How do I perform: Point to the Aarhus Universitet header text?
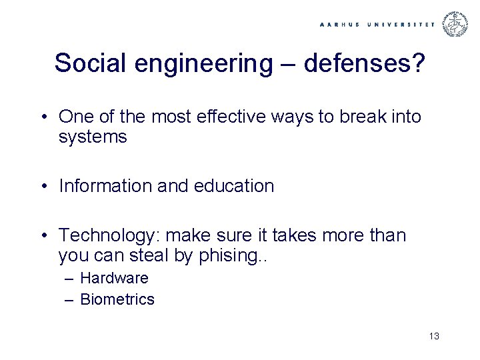click(x=377, y=24)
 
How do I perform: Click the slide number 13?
click(x=434, y=335)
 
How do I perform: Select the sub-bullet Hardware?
click(x=114, y=278)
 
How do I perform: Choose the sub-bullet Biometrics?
click(x=117, y=299)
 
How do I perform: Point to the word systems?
click(x=92, y=137)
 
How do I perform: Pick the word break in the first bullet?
click(x=357, y=117)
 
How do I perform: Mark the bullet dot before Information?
click(x=42, y=187)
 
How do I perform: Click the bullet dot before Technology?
click(x=42, y=236)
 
